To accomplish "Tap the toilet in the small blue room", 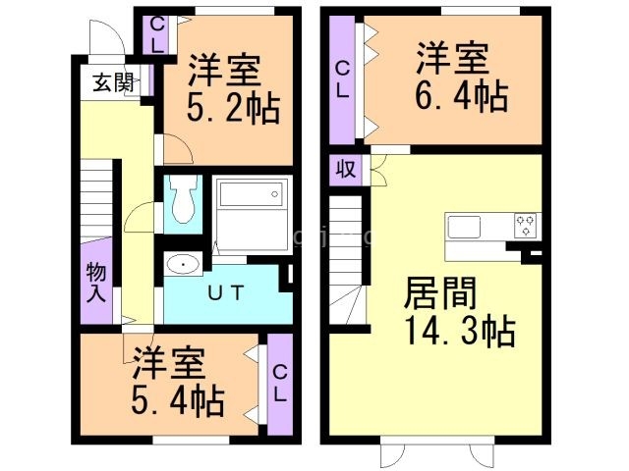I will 181,201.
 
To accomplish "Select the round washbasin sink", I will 181,264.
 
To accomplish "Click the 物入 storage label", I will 95,282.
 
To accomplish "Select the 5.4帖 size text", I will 177,399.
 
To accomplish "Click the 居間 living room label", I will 439,293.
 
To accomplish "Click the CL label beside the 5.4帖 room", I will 279,384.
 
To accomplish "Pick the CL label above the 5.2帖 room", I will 156,33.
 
